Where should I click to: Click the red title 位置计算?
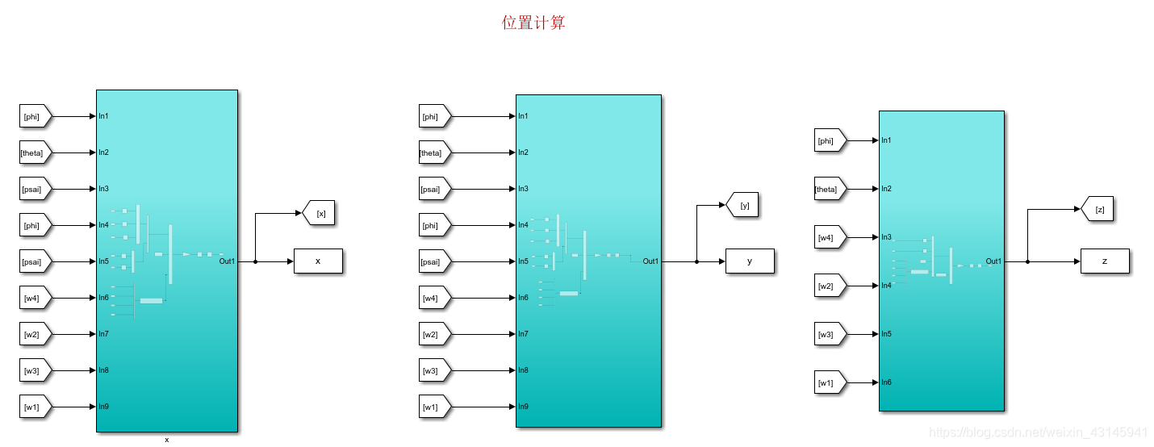(533, 23)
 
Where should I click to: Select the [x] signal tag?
(320, 213)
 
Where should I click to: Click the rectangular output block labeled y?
(750, 261)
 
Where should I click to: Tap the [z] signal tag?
(1099, 210)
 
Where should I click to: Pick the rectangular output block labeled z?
(1104, 261)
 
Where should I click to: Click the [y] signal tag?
(743, 205)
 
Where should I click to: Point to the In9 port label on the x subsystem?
(104, 407)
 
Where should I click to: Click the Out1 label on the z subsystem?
(993, 261)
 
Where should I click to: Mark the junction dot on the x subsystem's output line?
(255, 261)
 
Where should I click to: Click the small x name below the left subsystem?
(167, 440)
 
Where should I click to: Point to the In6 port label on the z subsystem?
(886, 382)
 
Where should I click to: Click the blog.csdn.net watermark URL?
(1039, 432)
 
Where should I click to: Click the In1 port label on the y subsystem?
(524, 116)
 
